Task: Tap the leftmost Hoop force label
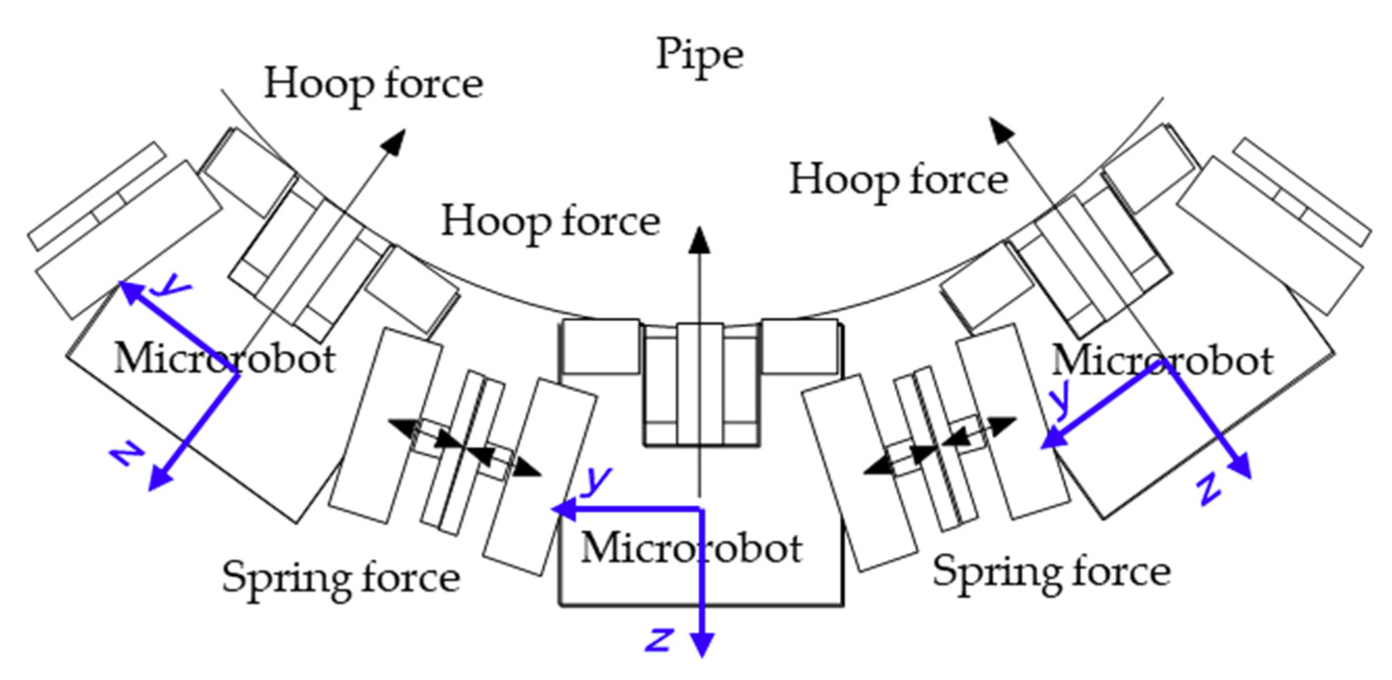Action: click(x=373, y=85)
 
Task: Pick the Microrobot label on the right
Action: click(x=1162, y=361)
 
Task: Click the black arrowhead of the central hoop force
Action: click(x=700, y=241)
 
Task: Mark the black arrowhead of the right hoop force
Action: click(x=1000, y=129)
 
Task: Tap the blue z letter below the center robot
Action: click(x=658, y=640)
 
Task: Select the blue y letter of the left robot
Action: click(x=171, y=285)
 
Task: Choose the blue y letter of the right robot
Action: click(x=1061, y=400)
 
